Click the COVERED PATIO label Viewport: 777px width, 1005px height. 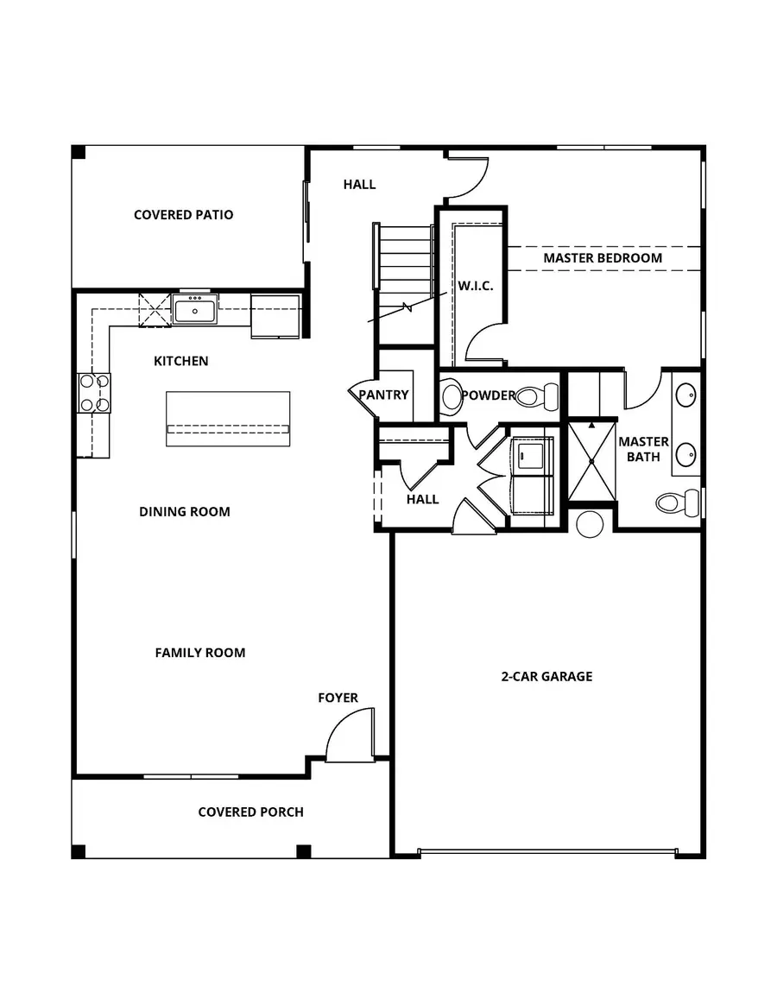[183, 215]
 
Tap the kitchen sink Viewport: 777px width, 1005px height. [195, 310]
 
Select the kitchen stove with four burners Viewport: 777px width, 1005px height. [93, 393]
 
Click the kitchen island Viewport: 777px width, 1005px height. [228, 419]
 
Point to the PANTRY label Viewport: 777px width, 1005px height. [383, 395]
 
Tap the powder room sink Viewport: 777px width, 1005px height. [452, 395]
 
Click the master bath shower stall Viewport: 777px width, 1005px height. [591, 461]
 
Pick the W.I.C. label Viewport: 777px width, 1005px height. [476, 286]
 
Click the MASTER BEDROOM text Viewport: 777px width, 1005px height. [603, 257]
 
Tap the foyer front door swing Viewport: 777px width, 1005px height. [350, 735]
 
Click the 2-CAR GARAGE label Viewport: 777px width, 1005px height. [546, 676]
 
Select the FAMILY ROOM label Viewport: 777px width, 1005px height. [200, 653]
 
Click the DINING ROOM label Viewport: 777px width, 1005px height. [185, 511]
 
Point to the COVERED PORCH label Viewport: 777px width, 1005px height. [250, 812]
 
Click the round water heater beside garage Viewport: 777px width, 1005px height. [590, 524]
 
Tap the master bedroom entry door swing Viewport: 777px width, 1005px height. [467, 177]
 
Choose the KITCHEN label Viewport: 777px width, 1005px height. [180, 361]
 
